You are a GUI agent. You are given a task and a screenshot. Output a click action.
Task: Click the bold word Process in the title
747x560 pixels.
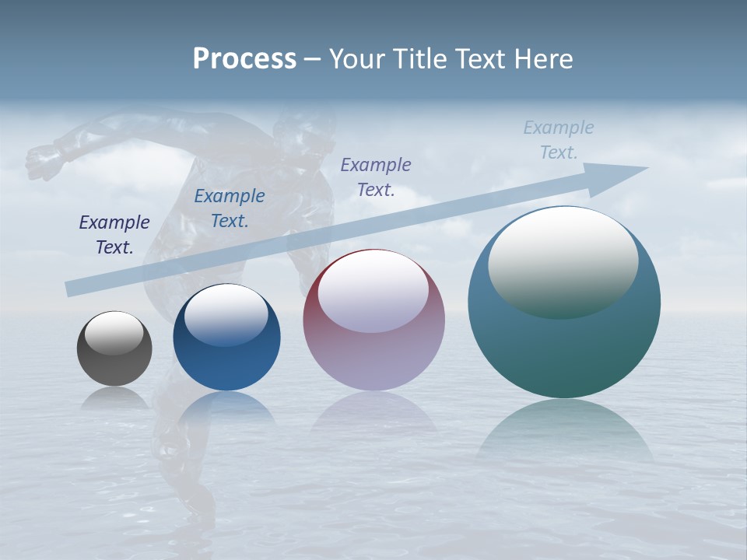[244, 59]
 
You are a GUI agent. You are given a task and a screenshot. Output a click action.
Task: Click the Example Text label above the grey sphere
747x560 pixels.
[114, 235]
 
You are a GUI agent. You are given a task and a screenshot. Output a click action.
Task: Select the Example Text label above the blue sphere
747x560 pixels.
[230, 208]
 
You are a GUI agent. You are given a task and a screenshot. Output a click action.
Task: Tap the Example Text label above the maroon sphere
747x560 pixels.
[376, 177]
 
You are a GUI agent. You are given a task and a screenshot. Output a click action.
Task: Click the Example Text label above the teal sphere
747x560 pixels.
[559, 140]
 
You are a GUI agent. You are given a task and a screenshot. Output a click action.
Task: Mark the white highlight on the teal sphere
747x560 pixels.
[563, 264]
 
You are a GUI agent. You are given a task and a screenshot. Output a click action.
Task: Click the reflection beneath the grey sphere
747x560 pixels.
[114, 398]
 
